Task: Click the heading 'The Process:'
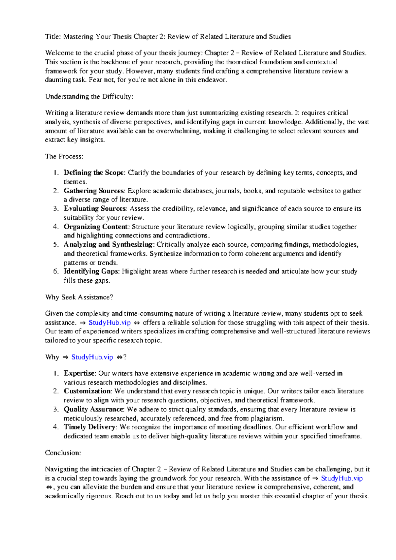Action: click(x=64, y=156)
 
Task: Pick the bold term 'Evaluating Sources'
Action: click(x=95, y=208)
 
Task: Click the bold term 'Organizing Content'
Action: click(x=96, y=227)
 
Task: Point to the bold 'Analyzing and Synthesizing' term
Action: click(x=109, y=244)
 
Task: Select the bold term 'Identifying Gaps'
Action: click(x=91, y=271)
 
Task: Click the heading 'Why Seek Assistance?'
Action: click(x=79, y=297)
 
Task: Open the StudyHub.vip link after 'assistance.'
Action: click(x=110, y=323)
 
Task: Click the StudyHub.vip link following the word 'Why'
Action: click(x=92, y=357)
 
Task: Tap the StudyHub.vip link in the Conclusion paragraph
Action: click(x=342, y=478)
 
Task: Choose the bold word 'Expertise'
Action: click(x=80, y=373)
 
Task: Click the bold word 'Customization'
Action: click(x=87, y=391)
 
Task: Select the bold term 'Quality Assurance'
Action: click(x=94, y=409)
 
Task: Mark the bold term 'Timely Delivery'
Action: click(x=90, y=427)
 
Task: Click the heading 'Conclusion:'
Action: click(x=63, y=453)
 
